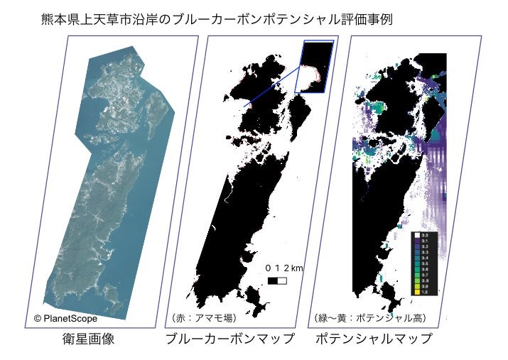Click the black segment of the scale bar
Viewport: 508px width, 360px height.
274,280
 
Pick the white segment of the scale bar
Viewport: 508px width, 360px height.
283,280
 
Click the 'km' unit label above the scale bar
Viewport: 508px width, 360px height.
297,268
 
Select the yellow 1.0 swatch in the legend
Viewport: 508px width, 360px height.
417,292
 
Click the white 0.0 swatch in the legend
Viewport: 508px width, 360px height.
417,234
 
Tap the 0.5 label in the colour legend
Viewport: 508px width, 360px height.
425,263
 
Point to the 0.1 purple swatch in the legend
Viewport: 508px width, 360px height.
417,239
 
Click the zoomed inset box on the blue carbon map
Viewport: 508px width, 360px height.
314,67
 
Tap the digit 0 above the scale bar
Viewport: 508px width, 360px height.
269,268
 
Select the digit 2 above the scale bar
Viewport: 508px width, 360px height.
286,268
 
